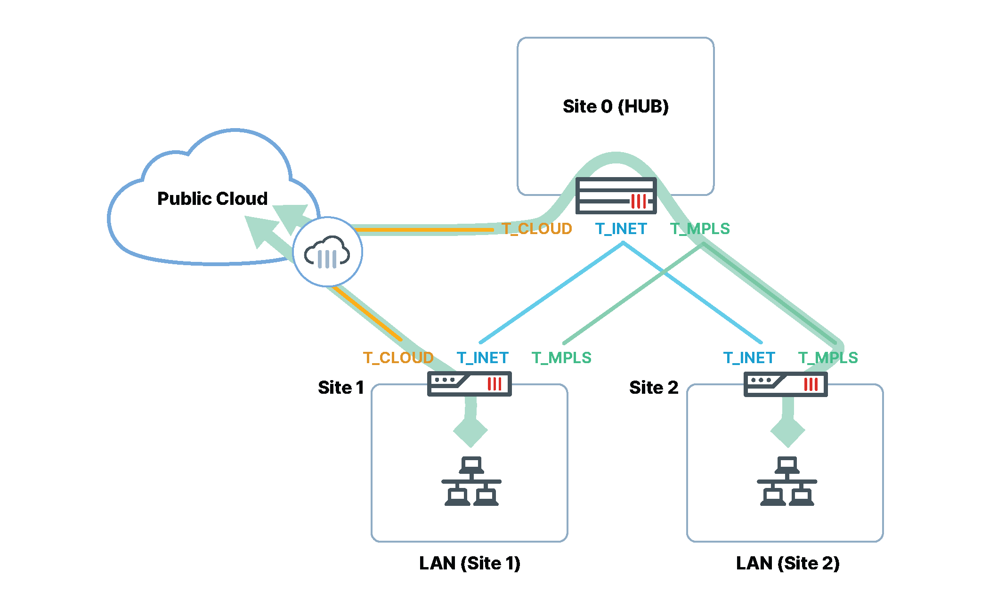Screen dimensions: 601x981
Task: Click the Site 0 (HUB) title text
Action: [615, 106]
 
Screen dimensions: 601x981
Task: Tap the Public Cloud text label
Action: [212, 198]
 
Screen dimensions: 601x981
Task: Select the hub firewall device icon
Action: [616, 195]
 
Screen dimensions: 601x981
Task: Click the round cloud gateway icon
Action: [327, 252]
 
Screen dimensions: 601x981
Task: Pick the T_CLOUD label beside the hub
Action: [536, 229]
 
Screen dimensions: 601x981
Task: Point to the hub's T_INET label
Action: [621, 229]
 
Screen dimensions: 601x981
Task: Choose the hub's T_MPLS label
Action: [699, 229]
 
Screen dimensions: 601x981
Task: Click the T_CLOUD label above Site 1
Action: [398, 358]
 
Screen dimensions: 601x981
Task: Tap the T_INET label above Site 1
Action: [482, 358]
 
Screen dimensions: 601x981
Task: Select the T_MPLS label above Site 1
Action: [561, 358]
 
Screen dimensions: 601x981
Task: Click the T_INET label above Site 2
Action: [749, 358]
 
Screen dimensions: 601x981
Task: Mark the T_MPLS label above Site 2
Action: [827, 358]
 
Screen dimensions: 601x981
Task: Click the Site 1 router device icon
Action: [469, 384]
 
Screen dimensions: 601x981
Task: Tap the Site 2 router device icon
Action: [785, 384]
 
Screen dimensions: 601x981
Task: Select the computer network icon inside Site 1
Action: [471, 481]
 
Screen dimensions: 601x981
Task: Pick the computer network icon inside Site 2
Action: [786, 481]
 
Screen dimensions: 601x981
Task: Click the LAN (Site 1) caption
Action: [470, 563]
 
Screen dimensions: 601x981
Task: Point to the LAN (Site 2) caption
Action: [787, 563]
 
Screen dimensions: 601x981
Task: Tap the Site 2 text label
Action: [653, 388]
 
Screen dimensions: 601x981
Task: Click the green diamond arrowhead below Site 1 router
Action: [470, 430]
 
